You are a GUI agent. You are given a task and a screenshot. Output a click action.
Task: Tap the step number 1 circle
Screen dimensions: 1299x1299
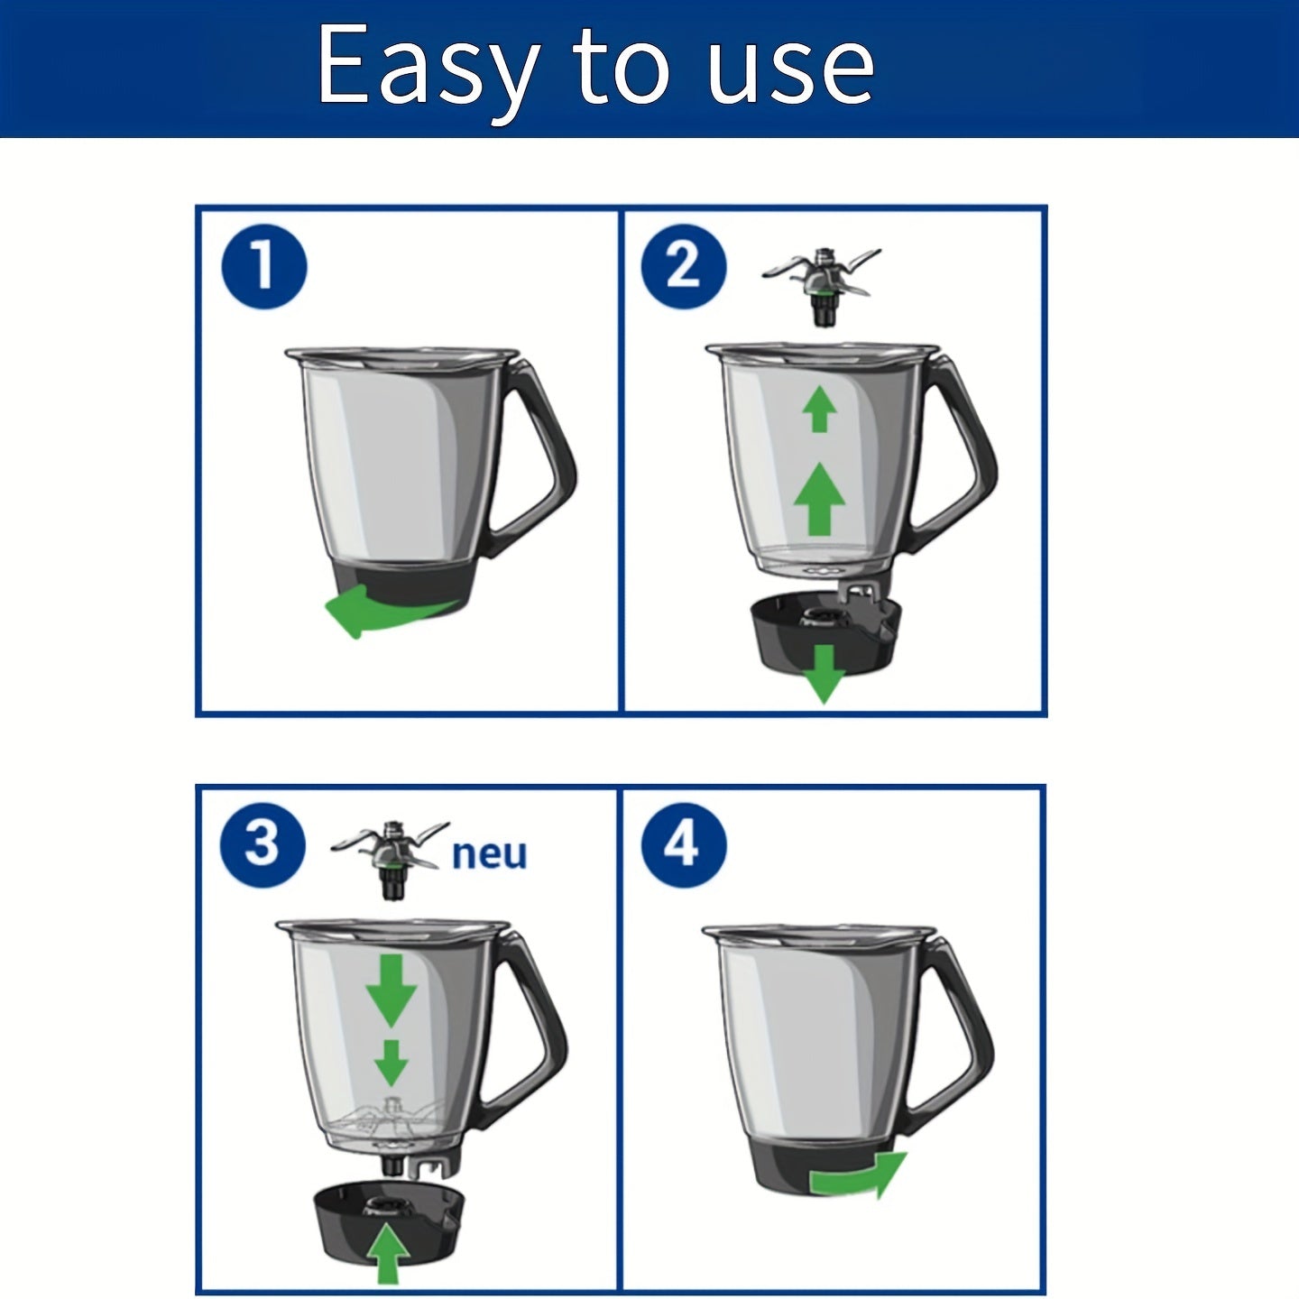pos(264,267)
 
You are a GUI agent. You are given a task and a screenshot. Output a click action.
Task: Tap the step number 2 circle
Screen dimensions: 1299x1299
pos(684,267)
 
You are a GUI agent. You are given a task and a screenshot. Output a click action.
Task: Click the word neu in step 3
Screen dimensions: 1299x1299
pos(490,855)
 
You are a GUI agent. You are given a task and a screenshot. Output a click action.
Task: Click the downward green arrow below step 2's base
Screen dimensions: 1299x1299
pos(824,674)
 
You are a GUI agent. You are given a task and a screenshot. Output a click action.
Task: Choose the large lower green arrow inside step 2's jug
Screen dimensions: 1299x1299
pos(819,499)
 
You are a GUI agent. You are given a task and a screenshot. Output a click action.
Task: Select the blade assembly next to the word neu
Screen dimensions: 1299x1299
pos(391,859)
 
